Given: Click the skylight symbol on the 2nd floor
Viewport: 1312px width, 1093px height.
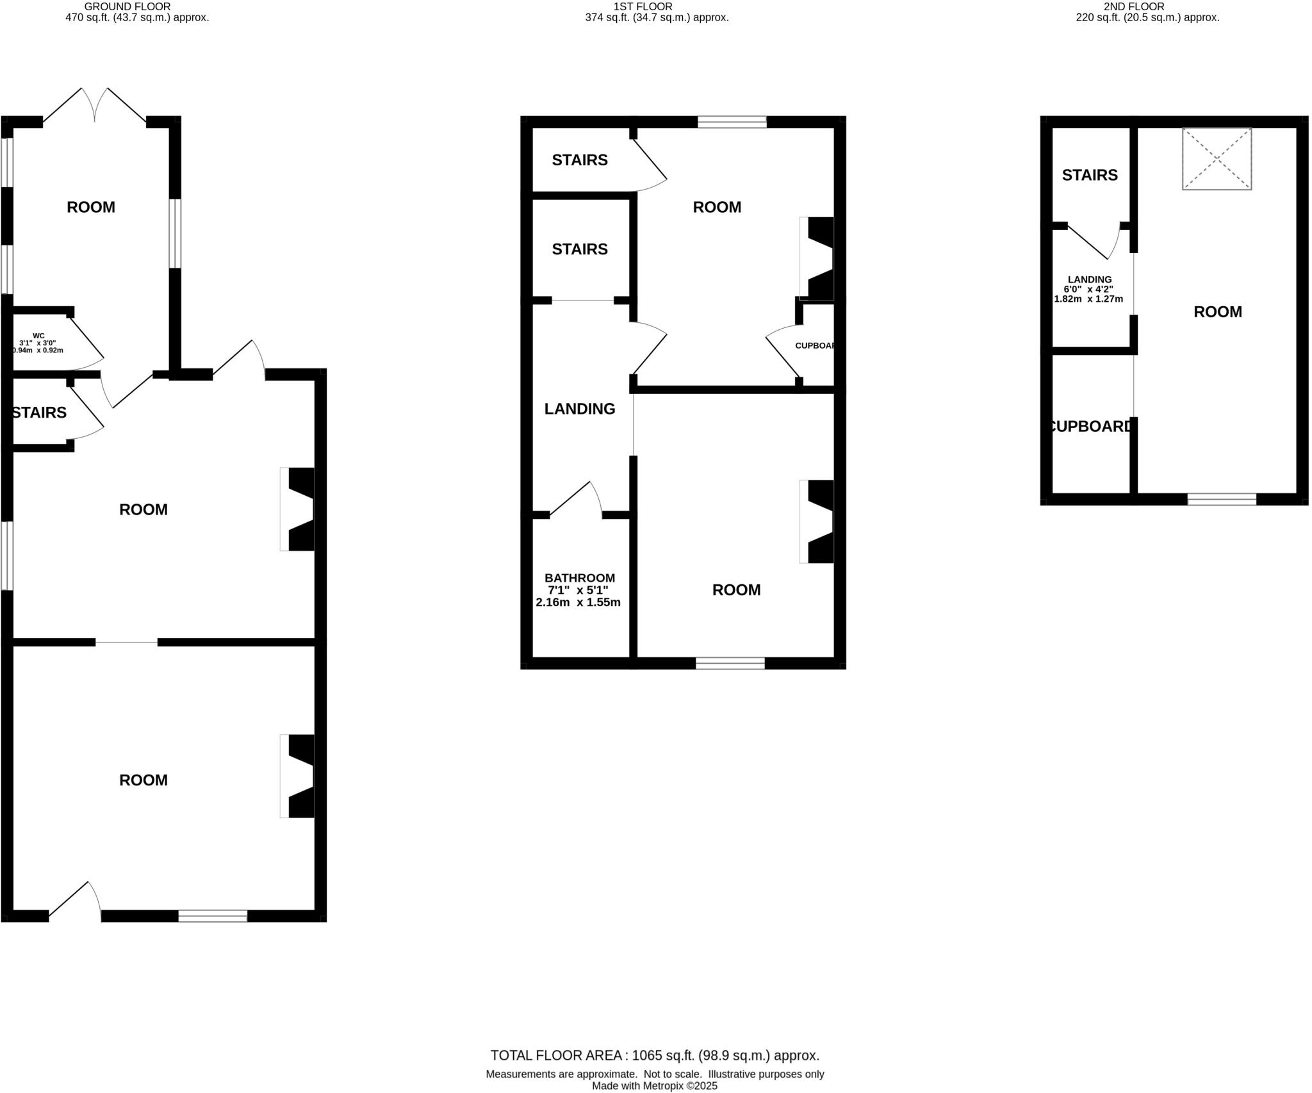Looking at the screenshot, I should (1216, 158).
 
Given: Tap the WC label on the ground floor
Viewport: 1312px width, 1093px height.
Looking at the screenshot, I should (38, 335).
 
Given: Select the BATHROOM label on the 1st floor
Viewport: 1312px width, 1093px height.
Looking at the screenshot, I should (579, 578).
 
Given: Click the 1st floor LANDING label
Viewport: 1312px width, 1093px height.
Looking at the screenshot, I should (579, 409).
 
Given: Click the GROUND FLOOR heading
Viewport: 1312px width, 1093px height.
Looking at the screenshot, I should (127, 6).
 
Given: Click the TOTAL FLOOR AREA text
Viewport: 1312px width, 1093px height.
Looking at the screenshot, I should (655, 1055).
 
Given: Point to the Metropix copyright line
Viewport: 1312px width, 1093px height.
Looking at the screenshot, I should (655, 1086).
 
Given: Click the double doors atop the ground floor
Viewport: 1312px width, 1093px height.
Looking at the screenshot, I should (95, 106).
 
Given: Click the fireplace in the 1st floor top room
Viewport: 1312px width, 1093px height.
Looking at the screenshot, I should (818, 258).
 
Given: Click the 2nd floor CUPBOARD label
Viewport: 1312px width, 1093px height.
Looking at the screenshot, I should (1091, 426).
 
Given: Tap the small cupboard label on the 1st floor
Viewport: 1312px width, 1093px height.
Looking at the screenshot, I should (816, 346).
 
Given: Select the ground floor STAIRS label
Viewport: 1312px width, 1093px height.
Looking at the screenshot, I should (39, 413).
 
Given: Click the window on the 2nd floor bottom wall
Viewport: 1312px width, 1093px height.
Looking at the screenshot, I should (1222, 499).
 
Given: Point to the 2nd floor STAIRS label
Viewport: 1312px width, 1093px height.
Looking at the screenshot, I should (1089, 175).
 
